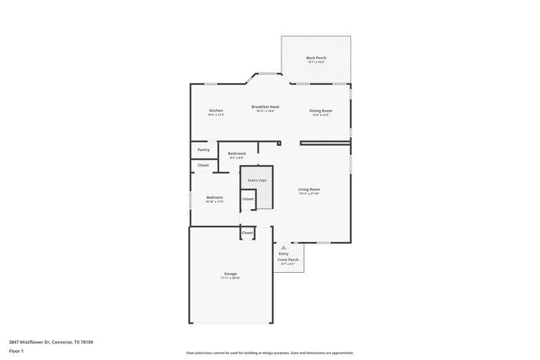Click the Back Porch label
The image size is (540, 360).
316,58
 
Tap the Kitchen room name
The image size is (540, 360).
216,110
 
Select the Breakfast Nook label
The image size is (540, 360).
265,106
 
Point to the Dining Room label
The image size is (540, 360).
321,110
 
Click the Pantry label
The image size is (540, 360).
203,150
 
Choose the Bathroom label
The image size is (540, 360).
237,153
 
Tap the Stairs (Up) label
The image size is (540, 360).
257,180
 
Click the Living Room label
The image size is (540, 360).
309,189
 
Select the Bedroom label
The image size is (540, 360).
214,197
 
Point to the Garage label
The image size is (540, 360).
230,274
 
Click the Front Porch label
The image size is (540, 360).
288,260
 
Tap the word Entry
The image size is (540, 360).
283,254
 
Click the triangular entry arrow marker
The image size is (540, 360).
283,247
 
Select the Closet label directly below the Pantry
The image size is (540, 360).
203,165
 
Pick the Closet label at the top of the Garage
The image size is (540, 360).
247,232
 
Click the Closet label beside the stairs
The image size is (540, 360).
248,199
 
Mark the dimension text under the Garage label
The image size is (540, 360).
230,278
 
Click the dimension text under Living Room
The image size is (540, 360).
309,193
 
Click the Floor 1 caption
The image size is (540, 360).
16,351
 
